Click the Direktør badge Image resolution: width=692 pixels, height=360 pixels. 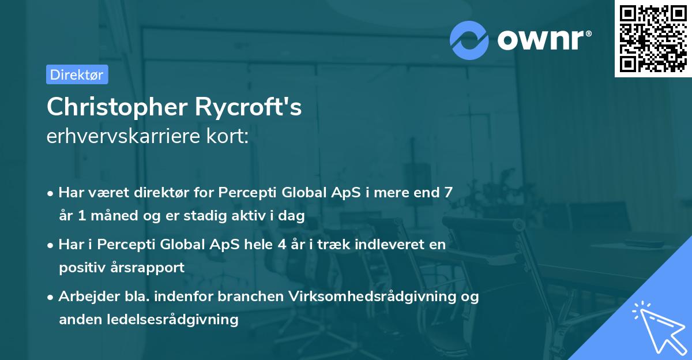[77, 74]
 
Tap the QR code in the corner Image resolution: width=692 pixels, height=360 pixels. [652, 39]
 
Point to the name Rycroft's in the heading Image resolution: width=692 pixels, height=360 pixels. [254, 107]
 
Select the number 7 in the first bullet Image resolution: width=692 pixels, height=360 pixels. [447, 193]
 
